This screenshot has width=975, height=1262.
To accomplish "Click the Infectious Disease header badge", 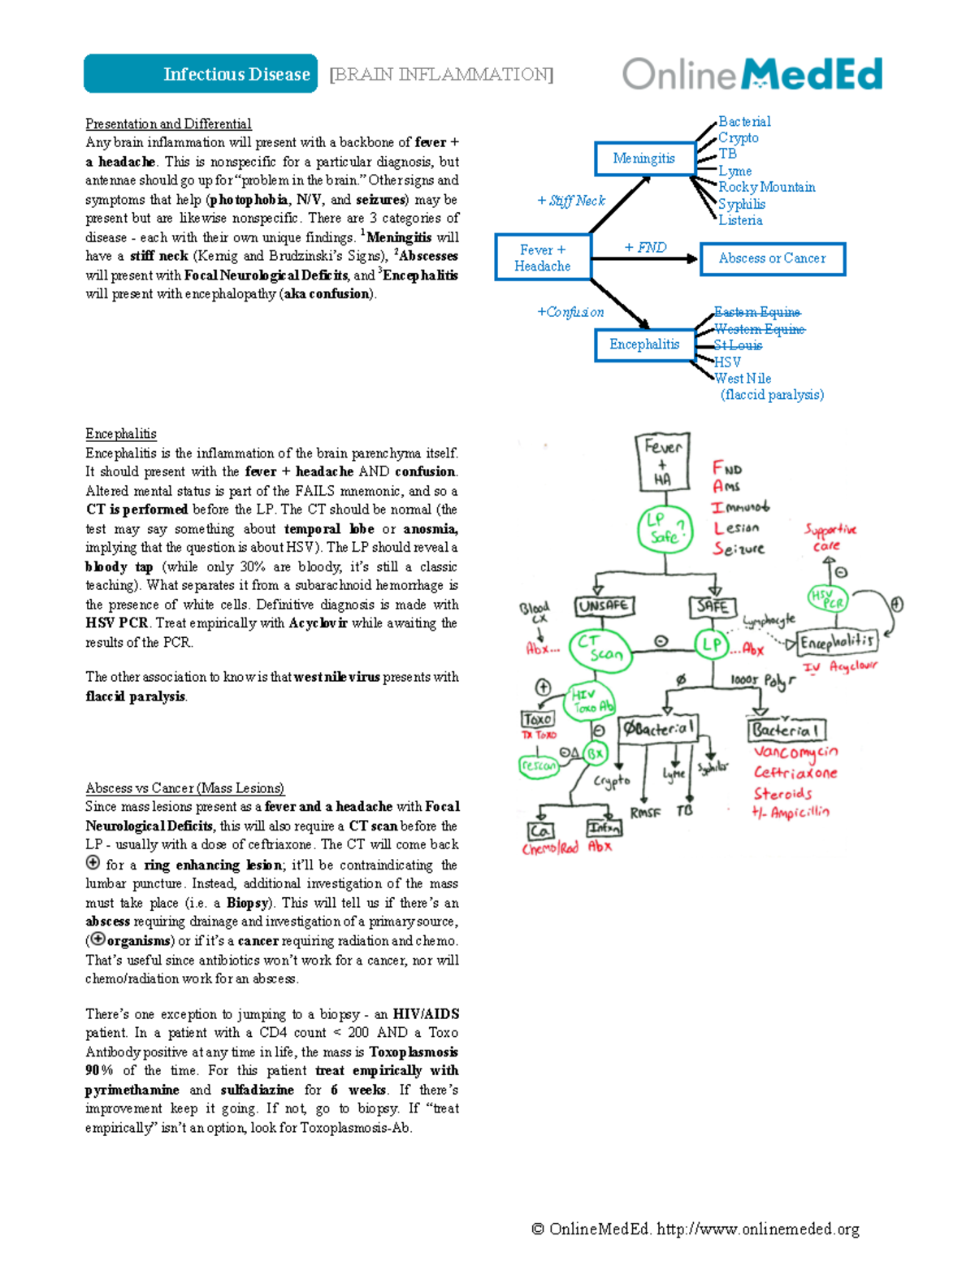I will click(201, 74).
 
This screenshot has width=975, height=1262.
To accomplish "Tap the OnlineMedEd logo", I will click(752, 74).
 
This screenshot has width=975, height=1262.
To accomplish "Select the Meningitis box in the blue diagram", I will click(643, 158).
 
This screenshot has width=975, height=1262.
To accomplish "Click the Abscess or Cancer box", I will click(772, 258).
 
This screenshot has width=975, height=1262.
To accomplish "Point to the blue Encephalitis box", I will click(644, 345).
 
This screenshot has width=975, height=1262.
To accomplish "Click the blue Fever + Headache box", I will click(543, 258).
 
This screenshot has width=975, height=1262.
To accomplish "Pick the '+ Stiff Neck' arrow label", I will click(571, 201).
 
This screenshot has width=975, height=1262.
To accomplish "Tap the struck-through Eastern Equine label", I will click(757, 312).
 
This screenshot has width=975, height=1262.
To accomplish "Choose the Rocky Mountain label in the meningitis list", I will click(766, 187).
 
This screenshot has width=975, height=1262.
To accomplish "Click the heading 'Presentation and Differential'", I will click(168, 124).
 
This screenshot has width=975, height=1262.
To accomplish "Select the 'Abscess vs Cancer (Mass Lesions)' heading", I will click(184, 787).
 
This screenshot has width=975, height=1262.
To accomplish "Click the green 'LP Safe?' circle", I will click(665, 528).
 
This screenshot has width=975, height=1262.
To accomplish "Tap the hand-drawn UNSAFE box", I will click(604, 606).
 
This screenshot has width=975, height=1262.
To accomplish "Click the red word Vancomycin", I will click(795, 752).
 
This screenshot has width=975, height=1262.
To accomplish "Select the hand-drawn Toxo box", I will click(537, 718).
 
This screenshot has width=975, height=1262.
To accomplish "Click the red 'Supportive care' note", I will click(830, 536).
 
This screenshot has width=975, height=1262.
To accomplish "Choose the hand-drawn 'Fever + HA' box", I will click(662, 462).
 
